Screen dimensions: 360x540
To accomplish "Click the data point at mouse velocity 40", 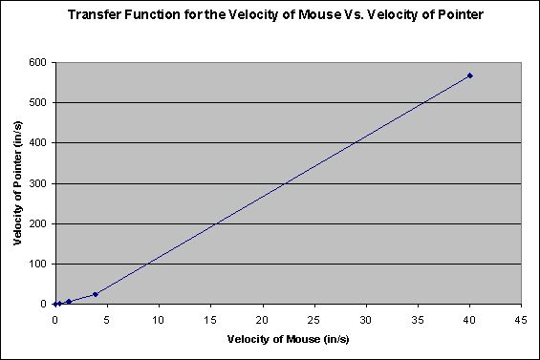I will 470,75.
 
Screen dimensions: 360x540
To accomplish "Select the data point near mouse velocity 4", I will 95,294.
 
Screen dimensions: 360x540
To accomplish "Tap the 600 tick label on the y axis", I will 37,62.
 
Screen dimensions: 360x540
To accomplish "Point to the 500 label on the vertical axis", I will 37,102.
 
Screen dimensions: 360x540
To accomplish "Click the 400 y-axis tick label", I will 37,142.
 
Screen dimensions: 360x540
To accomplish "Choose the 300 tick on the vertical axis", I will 37,183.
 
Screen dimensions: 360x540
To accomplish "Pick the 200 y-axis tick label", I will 37,223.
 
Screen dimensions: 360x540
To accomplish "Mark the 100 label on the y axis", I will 37,264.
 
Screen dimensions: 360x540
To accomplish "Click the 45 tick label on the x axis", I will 521,318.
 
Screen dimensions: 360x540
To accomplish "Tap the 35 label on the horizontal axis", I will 418,318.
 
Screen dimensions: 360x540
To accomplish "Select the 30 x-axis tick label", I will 366,318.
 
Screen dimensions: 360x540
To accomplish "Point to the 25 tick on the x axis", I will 314,318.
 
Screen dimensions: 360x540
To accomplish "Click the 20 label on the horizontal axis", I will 262,318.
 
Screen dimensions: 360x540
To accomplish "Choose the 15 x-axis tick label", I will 210,318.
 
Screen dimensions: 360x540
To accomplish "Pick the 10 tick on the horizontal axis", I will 159,318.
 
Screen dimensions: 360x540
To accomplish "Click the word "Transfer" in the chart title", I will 94,15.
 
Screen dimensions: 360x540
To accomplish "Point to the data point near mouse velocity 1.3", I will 69,302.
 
